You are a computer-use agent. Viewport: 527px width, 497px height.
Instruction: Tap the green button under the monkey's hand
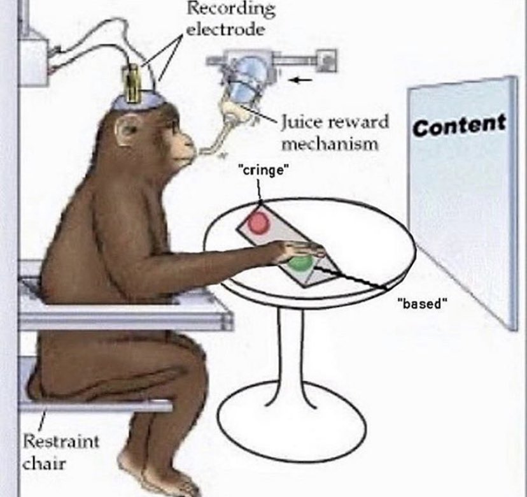(299, 263)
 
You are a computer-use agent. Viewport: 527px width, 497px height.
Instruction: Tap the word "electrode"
(225, 30)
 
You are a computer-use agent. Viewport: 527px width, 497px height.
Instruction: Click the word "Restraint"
(61, 441)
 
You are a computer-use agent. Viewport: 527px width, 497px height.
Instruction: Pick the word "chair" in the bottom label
(44, 463)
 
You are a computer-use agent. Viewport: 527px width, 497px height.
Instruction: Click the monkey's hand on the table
(299, 250)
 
